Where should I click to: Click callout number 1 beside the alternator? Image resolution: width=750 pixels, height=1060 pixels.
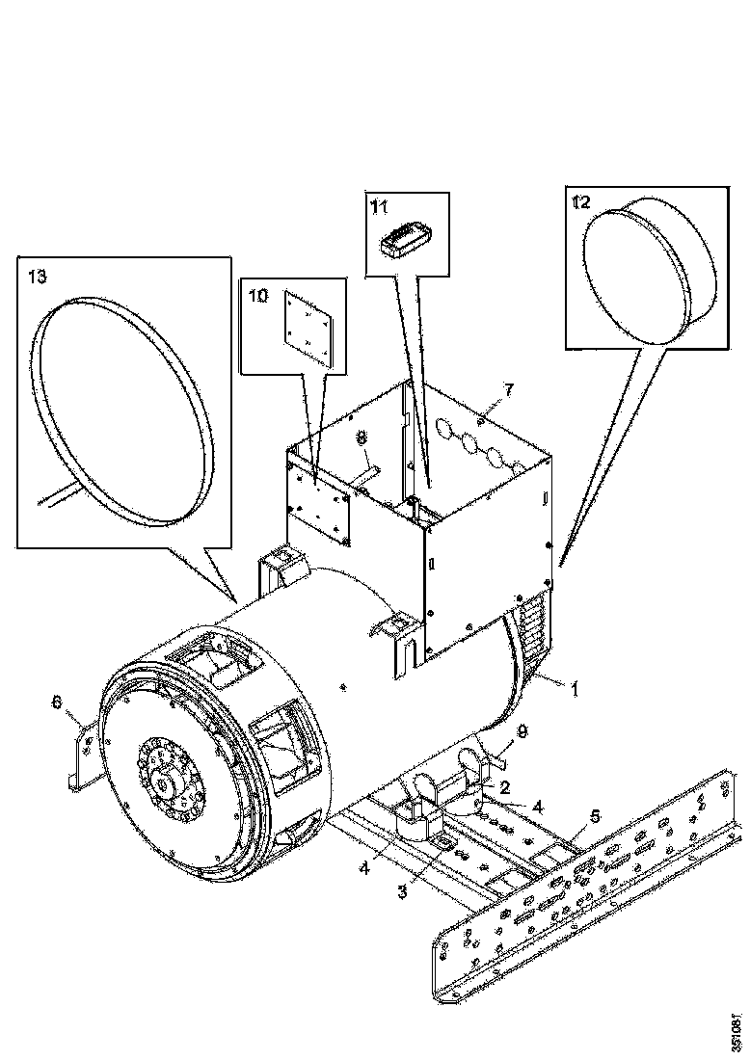pyautogui.click(x=576, y=689)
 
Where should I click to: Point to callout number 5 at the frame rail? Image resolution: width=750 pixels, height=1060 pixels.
pyautogui.click(x=595, y=816)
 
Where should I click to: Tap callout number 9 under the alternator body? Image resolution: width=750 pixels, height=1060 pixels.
pyautogui.click(x=522, y=733)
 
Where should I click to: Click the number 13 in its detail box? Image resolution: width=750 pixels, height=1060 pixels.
pyautogui.click(x=37, y=277)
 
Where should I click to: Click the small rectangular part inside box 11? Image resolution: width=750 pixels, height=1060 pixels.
pyautogui.click(x=406, y=241)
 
